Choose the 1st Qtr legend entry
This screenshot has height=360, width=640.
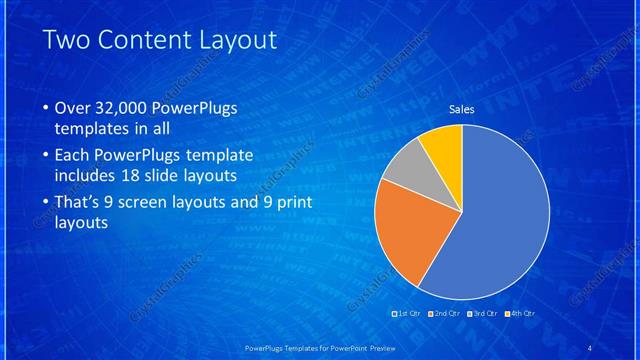click(x=407, y=314)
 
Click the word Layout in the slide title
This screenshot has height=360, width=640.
click(x=237, y=41)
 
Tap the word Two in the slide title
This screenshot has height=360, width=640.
click(x=68, y=41)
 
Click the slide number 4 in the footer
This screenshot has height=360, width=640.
click(x=589, y=347)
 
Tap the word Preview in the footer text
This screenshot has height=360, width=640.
click(x=388, y=347)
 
